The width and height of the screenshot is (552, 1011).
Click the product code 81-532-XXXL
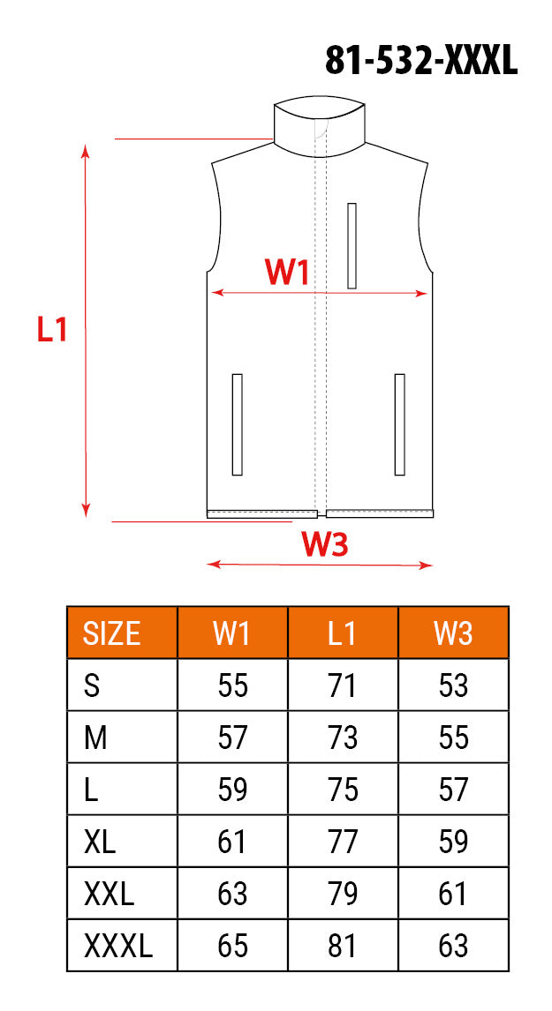click(421, 61)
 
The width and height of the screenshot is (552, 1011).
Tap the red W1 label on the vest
click(287, 273)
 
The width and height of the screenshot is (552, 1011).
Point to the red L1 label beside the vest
click(52, 329)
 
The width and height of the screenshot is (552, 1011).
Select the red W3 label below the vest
click(325, 545)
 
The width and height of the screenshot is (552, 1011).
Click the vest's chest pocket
click(352, 245)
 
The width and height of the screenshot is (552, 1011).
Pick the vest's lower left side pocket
click(237, 425)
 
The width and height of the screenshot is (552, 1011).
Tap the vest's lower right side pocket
click(399, 425)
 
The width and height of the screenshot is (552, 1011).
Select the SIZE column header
click(111, 633)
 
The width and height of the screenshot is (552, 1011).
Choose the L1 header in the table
click(342, 633)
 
